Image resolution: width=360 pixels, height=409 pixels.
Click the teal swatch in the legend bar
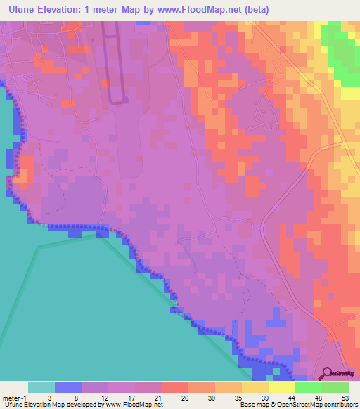click(x=41, y=387)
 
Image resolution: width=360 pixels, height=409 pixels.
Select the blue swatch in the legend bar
click(x=67, y=387)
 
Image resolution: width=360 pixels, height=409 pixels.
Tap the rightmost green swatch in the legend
click(x=335, y=387)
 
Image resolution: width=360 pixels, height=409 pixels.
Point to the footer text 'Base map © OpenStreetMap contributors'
click(x=298, y=405)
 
